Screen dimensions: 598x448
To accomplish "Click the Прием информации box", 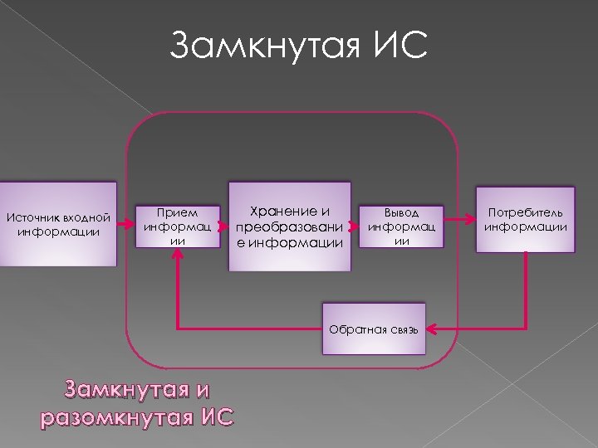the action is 178,225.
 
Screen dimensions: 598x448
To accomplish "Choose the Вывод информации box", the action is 401,225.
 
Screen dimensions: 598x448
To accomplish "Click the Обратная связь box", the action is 377,329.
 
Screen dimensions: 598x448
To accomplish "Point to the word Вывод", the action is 401,212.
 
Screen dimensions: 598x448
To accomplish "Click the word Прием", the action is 178,212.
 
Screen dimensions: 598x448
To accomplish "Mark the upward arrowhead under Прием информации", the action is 178,255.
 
